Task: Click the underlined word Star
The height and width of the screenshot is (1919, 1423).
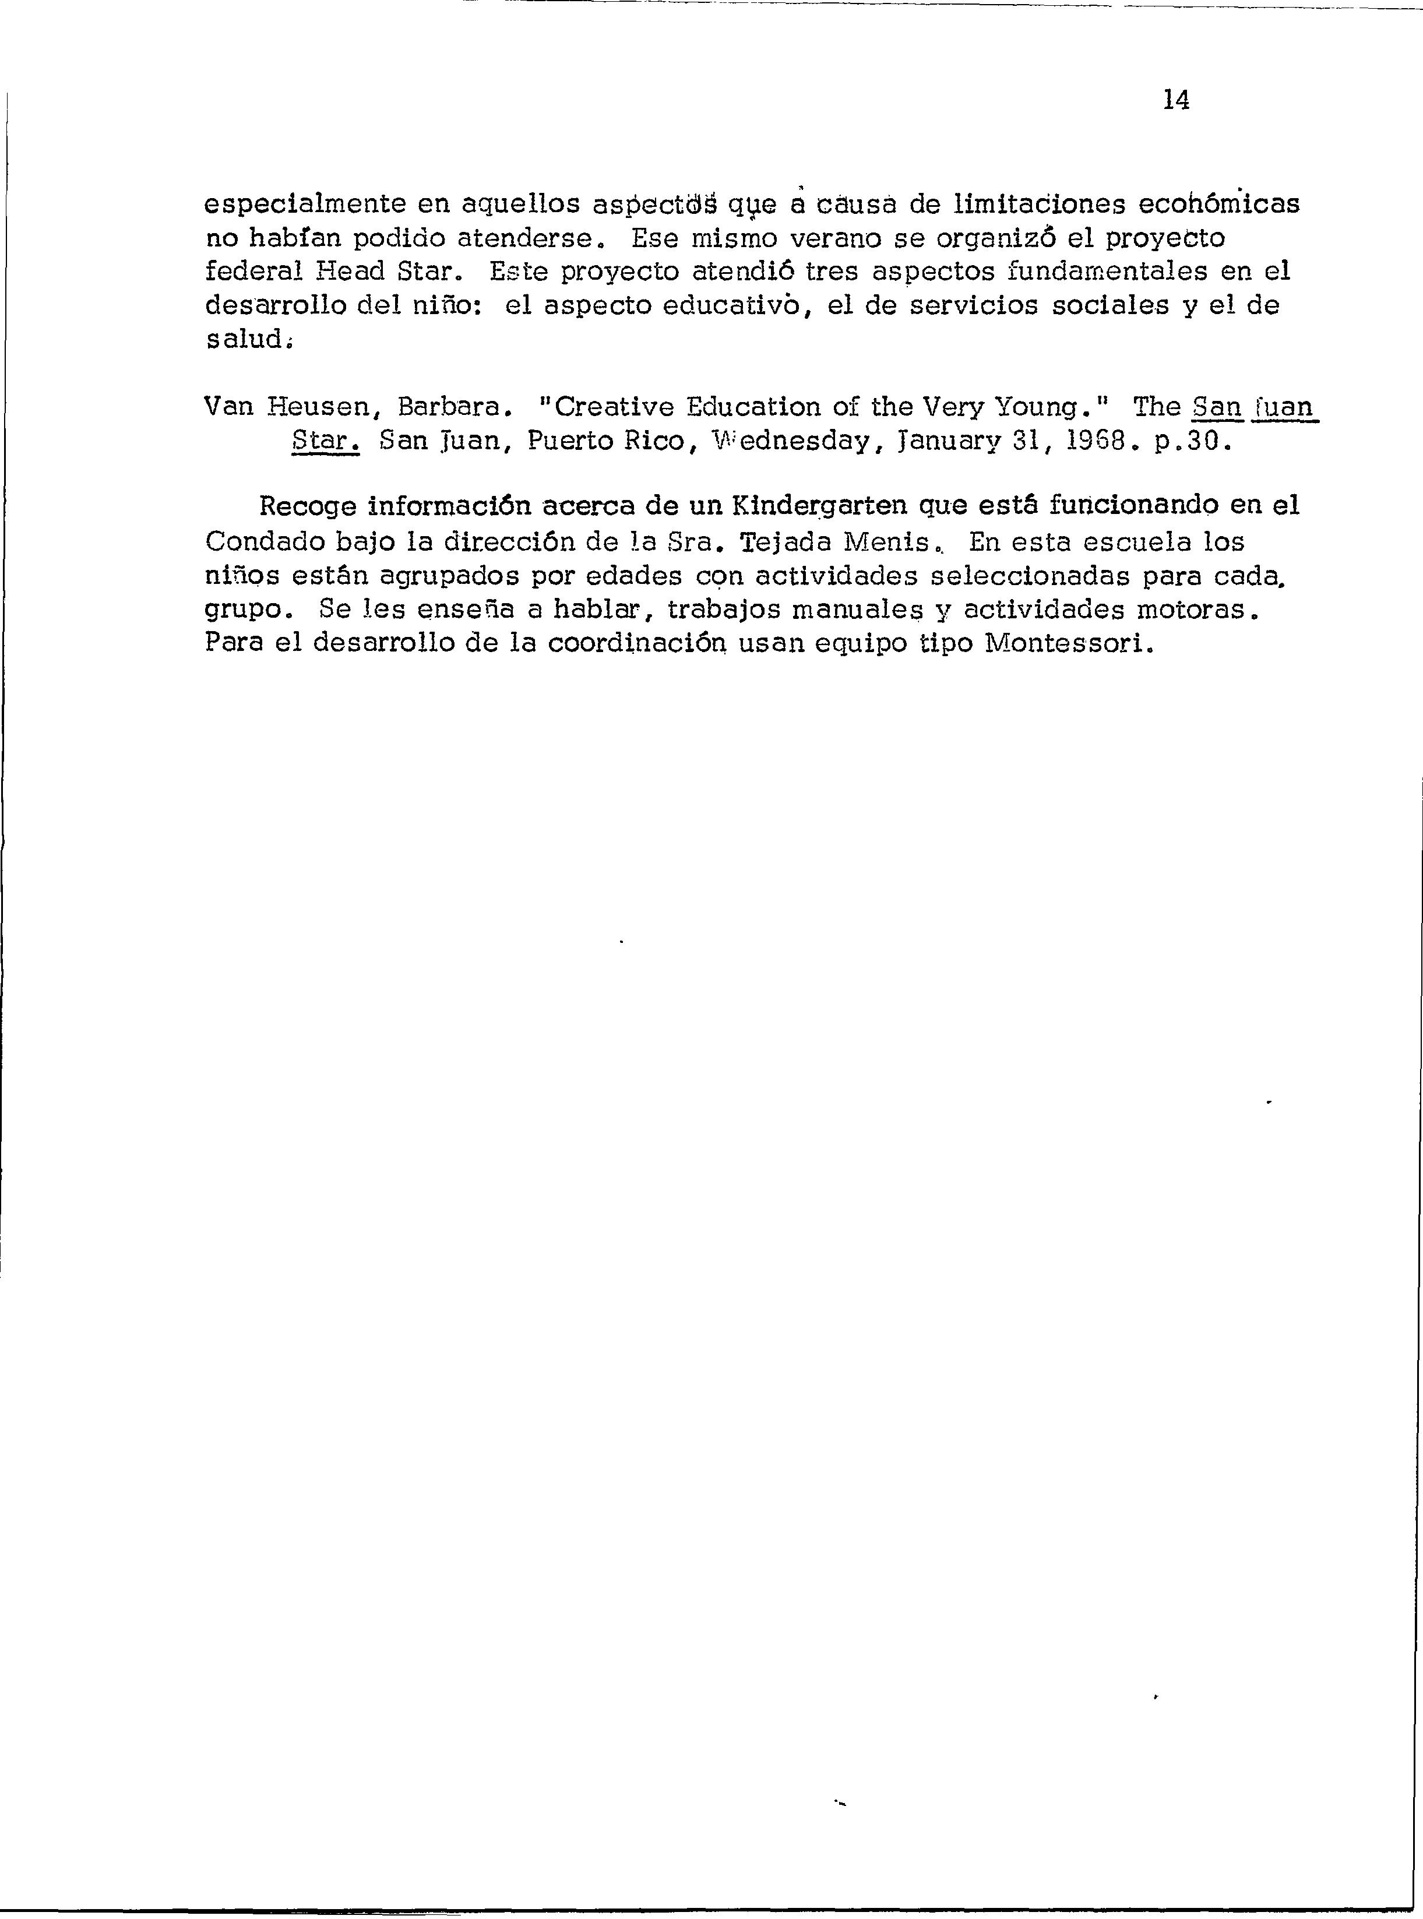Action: click(x=325, y=441)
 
